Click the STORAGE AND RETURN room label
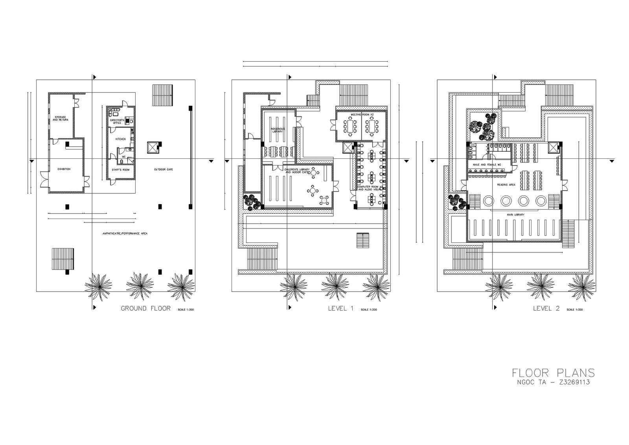point(61,118)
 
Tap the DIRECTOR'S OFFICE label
point(117,121)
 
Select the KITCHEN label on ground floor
point(120,139)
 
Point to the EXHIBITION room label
point(64,169)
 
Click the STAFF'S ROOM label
point(120,170)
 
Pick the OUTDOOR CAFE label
point(163,169)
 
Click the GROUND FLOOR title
point(145,308)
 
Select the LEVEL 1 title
point(340,308)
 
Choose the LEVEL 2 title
point(546,308)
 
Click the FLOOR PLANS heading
point(553,372)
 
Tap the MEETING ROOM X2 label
point(362,114)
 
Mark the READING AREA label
point(506,184)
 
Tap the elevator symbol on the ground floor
point(152,148)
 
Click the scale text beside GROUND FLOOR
point(186,310)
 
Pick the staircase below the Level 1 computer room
point(363,240)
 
